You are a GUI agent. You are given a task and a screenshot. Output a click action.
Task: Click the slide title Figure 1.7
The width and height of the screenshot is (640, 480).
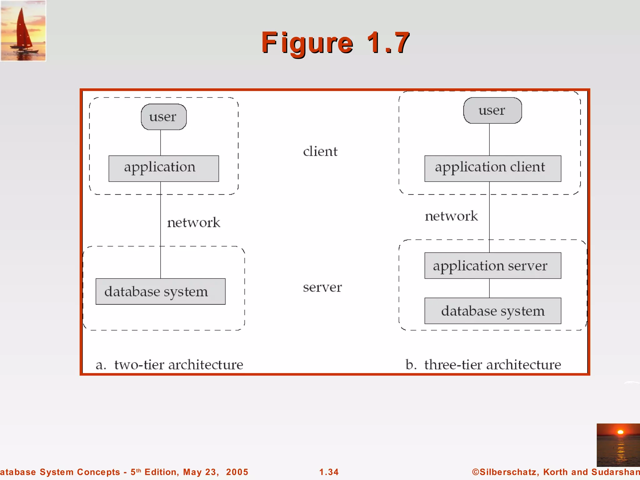335,43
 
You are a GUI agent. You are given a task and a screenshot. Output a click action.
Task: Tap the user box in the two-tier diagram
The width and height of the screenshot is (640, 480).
163,117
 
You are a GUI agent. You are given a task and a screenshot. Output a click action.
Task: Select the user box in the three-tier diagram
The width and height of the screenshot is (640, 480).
492,111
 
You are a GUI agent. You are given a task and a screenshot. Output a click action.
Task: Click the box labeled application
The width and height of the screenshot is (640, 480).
163,168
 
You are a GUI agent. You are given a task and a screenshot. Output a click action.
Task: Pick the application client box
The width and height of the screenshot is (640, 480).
492,168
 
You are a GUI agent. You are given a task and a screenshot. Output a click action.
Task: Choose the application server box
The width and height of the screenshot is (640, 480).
492,266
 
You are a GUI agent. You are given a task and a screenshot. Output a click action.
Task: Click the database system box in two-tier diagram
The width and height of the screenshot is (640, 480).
160,292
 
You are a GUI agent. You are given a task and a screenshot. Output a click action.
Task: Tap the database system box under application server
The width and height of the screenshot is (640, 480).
492,311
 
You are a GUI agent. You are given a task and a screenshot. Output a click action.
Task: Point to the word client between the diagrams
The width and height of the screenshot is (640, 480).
320,152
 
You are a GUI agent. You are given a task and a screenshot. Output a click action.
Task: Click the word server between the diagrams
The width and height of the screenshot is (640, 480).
322,287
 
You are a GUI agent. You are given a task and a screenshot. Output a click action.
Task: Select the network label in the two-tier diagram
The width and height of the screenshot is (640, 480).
193,222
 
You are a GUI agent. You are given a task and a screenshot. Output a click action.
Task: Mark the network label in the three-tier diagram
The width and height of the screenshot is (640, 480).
451,216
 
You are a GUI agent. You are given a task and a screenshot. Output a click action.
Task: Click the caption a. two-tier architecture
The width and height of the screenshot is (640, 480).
169,365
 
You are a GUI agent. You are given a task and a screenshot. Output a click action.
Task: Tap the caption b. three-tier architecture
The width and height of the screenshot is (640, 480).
483,365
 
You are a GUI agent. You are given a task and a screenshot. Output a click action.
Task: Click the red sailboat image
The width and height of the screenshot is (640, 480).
23,30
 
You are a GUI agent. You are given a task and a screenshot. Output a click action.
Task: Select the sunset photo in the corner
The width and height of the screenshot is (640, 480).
618,445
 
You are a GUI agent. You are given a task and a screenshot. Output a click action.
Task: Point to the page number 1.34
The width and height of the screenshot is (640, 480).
329,472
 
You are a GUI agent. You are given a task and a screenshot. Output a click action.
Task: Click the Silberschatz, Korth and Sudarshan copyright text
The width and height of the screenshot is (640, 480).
556,472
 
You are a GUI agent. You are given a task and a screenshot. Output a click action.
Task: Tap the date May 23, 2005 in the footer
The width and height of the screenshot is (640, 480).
216,472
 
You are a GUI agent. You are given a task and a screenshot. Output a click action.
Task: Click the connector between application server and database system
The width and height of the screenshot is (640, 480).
489,288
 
